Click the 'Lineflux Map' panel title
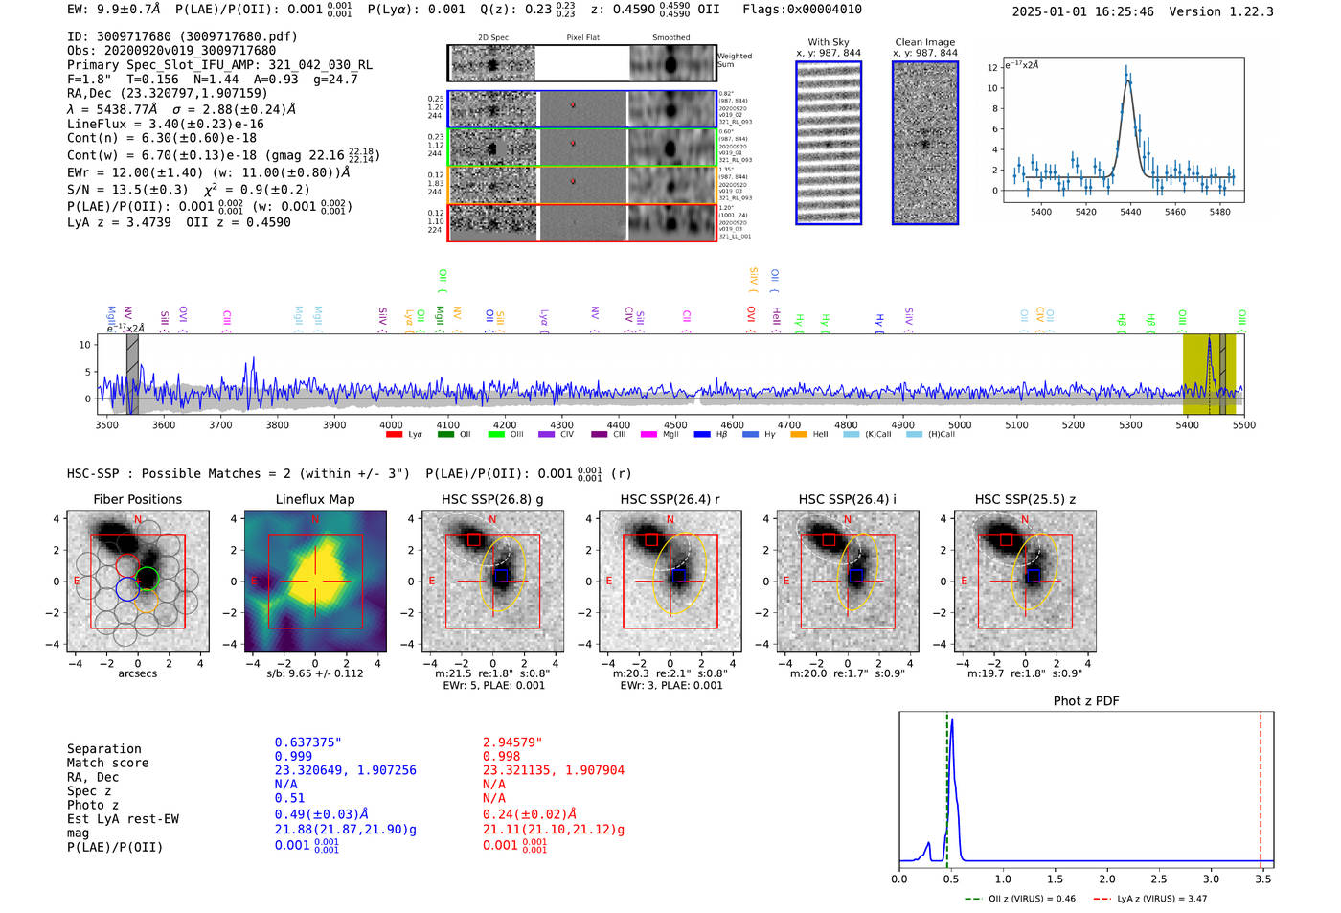(314, 499)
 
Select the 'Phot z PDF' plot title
(1085, 701)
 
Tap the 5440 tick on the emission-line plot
(1130, 212)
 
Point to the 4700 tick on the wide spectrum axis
(788, 424)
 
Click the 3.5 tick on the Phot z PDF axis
(1263, 879)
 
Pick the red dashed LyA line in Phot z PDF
(1261, 786)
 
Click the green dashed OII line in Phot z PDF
(946, 786)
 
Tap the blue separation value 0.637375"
(307, 742)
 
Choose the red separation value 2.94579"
(511, 742)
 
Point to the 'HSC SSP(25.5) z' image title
(1025, 499)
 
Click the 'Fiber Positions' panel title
(137, 499)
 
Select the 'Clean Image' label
(924, 42)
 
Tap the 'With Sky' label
(828, 42)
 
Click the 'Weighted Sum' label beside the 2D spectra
(734, 60)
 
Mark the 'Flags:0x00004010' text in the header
(802, 10)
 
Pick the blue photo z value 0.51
(289, 798)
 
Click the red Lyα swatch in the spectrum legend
(394, 435)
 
